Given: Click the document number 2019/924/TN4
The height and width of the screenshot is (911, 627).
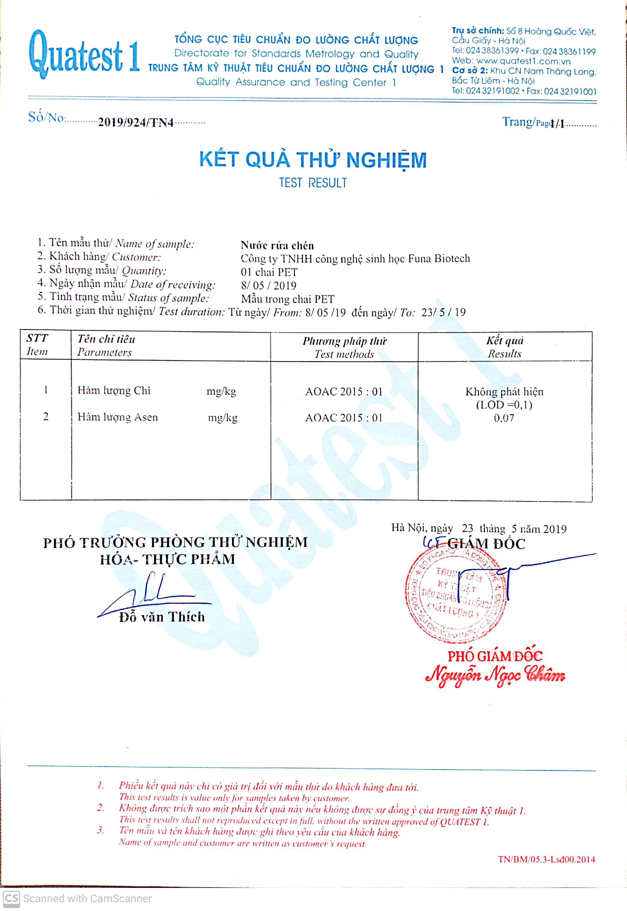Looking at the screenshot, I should pos(135,123).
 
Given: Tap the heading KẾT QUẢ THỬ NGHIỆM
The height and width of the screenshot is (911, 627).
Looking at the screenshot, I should pos(313,160).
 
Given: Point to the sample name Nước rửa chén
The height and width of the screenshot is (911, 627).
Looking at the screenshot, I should pos(277,246).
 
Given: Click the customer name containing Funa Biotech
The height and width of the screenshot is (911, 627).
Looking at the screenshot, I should pos(355,259).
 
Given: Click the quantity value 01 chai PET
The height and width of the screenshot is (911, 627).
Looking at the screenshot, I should pos(269,272).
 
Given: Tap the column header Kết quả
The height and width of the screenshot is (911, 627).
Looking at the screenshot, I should pos(504,340).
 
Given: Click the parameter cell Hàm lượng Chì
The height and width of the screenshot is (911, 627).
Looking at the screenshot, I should pos(114,391).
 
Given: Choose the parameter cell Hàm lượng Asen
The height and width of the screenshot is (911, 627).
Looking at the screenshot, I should pos(117,417).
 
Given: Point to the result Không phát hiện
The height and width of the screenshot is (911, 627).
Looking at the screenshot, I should pos(504,392).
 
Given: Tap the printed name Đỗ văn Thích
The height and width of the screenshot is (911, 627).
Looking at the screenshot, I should pos(162,617).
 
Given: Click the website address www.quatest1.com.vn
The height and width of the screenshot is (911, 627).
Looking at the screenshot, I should pos(523,61).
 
